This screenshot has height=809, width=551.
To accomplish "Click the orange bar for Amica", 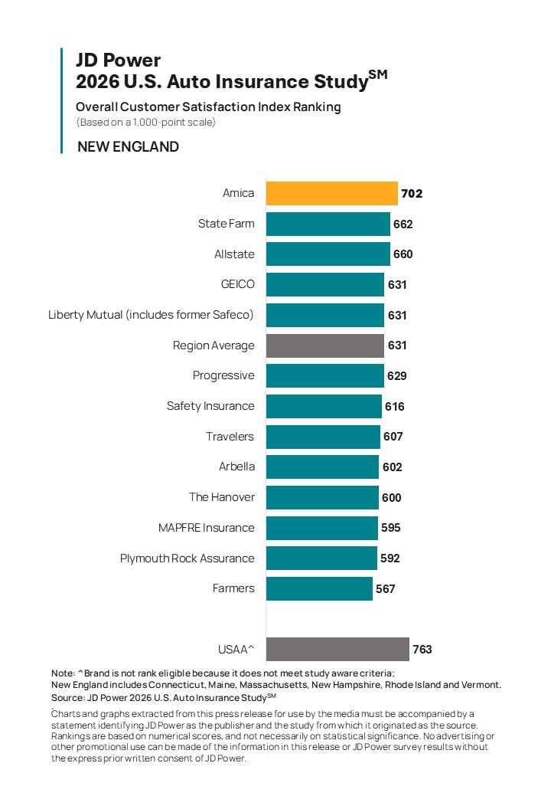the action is [x=332, y=194].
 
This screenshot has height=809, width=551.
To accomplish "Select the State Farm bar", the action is [x=328, y=224].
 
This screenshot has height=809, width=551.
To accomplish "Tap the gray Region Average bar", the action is [x=324, y=346].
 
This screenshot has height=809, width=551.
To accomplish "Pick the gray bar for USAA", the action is [x=337, y=649].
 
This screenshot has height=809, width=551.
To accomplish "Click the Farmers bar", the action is [x=319, y=588].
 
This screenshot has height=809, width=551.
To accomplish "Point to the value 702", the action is [x=412, y=194].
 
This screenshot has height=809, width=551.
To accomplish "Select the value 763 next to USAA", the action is [x=422, y=649].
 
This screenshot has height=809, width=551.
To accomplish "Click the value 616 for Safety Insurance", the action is [x=394, y=407].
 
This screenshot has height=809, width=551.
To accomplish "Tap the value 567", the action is [x=385, y=588].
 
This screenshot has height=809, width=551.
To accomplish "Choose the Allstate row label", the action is [x=234, y=254].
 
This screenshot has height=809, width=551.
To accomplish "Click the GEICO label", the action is [x=237, y=284].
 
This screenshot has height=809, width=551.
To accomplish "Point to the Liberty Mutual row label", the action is [x=151, y=315].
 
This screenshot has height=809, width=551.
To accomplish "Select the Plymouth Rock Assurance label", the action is [x=187, y=558].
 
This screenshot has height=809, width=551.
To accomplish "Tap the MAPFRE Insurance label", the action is [x=206, y=528].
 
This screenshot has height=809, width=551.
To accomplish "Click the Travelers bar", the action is [x=323, y=437].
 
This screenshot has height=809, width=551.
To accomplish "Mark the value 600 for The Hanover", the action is [x=391, y=497].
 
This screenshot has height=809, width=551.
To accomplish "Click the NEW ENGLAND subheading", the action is [x=128, y=147].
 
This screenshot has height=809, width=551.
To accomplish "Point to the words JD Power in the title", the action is [x=118, y=61].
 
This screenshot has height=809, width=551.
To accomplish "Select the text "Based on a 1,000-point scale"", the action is [x=146, y=123].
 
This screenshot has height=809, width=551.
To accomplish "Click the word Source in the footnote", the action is [x=67, y=698].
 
